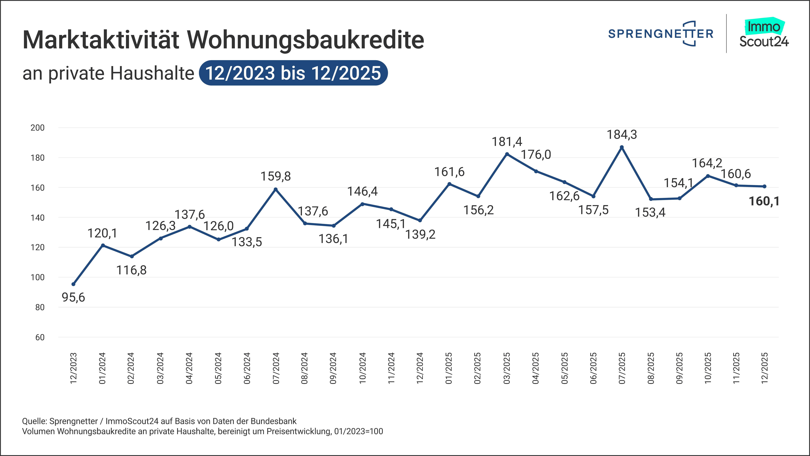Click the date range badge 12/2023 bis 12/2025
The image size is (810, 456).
click(293, 73)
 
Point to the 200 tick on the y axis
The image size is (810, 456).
click(37, 128)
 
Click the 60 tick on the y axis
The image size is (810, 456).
click(40, 337)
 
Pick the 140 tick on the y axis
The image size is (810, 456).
click(37, 217)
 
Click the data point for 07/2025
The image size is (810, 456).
click(622, 147)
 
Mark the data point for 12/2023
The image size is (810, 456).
click(73, 284)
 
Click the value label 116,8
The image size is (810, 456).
click(131, 270)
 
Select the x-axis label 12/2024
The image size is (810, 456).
click(420, 368)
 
